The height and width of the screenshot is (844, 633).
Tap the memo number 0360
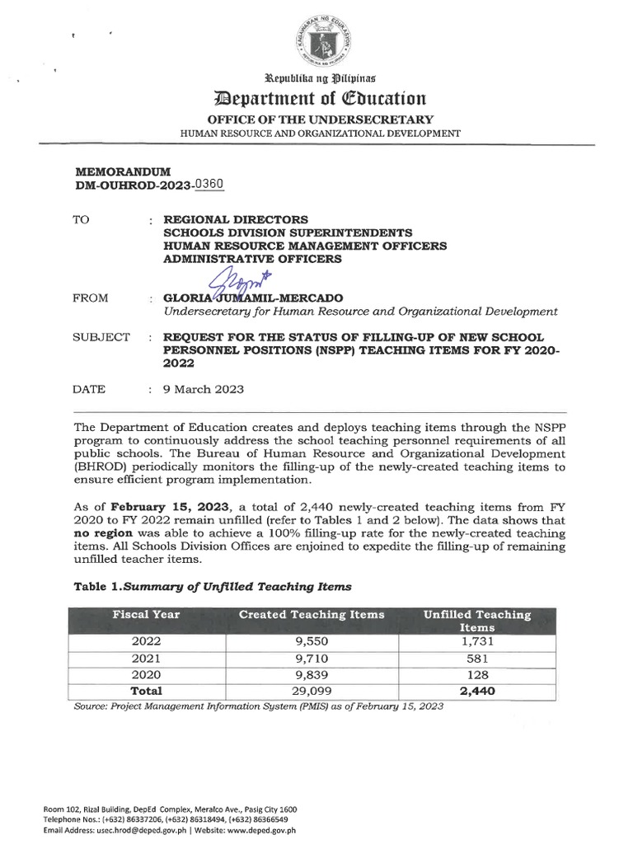[x=207, y=185]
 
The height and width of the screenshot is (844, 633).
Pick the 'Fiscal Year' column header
[x=147, y=615]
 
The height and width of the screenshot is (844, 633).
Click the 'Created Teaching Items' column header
[x=312, y=615]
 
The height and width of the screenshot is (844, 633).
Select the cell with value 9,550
[x=312, y=640]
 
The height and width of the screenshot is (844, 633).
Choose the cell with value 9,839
[x=312, y=674]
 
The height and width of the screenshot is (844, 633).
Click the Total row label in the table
[x=147, y=691]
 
